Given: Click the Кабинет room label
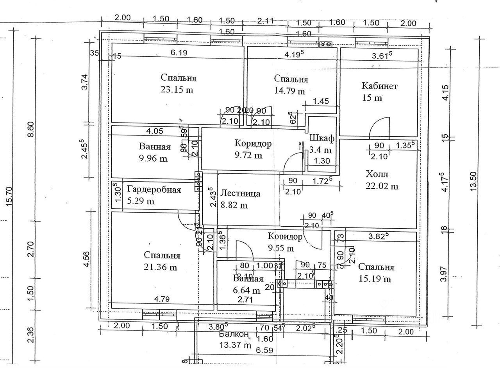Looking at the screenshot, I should point(379,86).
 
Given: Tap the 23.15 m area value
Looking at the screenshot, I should point(177,90).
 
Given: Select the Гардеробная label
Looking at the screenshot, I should point(154,190).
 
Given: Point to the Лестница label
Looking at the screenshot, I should point(240,193).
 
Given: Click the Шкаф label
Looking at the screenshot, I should point(322,138).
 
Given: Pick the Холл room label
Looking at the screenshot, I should point(377,174).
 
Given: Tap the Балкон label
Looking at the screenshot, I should point(234,334).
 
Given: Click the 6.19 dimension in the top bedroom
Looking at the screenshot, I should point(179,52).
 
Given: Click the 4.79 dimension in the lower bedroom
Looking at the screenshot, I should point(162,299).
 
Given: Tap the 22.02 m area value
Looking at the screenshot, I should point(382,186).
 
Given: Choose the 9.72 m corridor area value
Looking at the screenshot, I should point(248,155).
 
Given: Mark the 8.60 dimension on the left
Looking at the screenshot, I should point(31,129).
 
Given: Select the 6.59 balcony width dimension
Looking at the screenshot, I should point(264,350).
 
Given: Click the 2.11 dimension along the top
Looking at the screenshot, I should point(266,21).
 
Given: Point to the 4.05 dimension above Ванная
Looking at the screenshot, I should point(155,131).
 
